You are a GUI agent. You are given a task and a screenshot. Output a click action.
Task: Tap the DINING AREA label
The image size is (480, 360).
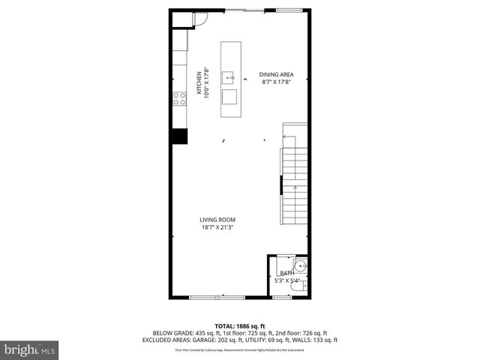[276, 74]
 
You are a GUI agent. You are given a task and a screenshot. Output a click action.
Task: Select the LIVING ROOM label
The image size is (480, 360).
[217, 220]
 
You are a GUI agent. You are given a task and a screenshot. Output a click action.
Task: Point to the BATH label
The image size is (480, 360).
[286, 274]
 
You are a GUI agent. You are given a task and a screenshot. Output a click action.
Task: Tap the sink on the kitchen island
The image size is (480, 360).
[232, 76]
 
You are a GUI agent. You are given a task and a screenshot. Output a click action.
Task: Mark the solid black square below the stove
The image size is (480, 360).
[179, 136]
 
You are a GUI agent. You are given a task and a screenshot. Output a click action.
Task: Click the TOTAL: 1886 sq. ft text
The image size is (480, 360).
[240, 325]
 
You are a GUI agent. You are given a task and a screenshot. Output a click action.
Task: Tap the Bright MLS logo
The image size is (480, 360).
[30, 349]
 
